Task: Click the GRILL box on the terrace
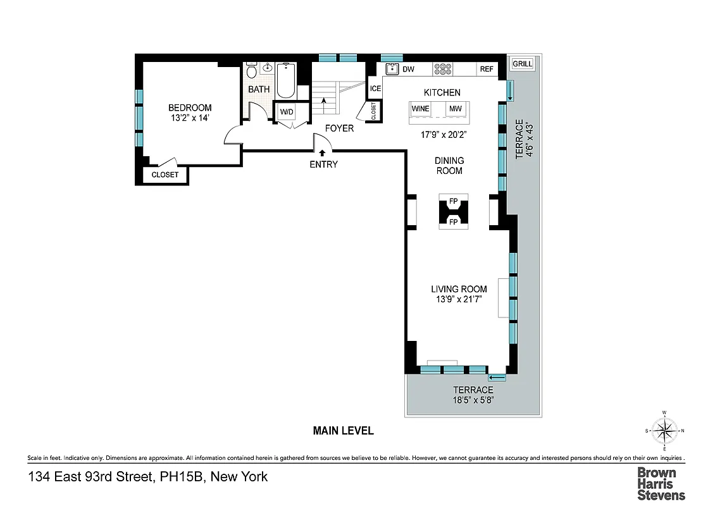click(523, 64)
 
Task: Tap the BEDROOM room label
click(190, 108)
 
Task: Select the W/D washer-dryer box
click(287, 113)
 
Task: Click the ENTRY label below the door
click(323, 164)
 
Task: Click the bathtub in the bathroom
click(286, 80)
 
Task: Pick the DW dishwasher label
click(409, 69)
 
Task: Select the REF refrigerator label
click(487, 69)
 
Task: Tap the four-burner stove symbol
click(442, 69)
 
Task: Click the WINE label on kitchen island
click(421, 109)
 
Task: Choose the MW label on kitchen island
click(456, 109)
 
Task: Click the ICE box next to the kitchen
click(375, 89)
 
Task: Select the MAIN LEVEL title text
click(344, 431)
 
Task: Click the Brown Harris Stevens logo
click(661, 483)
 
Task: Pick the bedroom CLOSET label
click(165, 175)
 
